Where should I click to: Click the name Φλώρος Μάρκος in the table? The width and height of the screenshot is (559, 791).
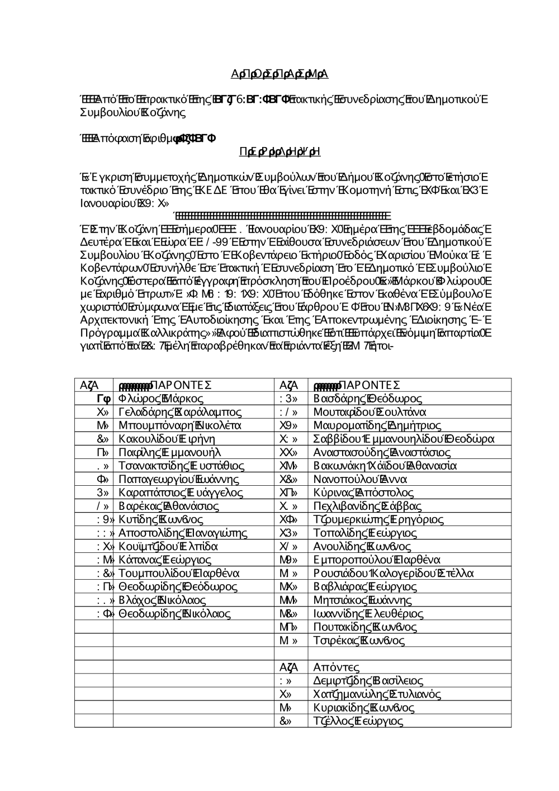coord(161,399)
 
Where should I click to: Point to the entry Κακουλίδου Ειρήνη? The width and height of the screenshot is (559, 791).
coord(167,439)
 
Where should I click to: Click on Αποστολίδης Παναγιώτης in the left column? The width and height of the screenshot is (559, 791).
coord(183,533)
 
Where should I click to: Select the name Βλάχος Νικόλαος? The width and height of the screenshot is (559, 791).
coord(162,600)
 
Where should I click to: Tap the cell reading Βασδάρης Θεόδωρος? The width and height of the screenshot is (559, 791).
coord(368,399)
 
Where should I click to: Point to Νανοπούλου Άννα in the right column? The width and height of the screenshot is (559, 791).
coord(361,479)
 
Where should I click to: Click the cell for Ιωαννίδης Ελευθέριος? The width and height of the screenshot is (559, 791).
coord(368,613)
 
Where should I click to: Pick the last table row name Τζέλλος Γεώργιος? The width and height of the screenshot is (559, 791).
coord(358,721)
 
